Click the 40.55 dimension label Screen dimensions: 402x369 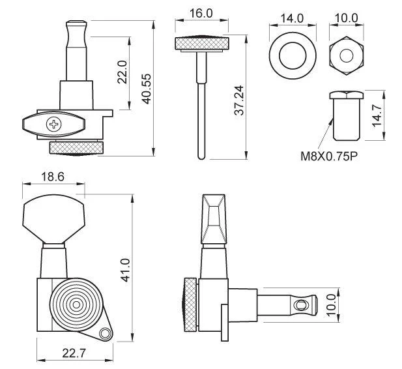tap(147, 89)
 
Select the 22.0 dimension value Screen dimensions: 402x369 tap(122, 72)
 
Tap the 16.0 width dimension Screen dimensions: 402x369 tap(201, 13)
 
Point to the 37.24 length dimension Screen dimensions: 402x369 tap(239, 100)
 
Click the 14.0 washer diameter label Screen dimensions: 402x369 tap(292, 18)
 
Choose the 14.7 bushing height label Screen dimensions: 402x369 tap(377, 115)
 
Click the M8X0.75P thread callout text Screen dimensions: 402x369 tap(329, 156)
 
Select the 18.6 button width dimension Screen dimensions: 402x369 tap(53, 177)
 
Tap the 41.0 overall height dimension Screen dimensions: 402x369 tap(126, 271)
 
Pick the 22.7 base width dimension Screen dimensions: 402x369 tap(74, 353)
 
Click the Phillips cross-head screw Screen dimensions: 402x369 tap(54, 125)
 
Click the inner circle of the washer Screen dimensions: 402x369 tap(293, 55)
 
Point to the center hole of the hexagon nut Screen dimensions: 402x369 tap(347, 55)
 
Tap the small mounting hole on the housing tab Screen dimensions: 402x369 tap(104, 334)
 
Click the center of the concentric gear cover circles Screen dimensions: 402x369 tap(76, 305)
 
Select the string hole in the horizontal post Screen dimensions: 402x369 tap(300, 305)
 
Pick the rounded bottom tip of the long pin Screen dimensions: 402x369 tap(201, 156)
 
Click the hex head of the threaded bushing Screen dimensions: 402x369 tap(347, 95)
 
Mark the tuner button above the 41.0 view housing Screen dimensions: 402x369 tap(53, 219)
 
